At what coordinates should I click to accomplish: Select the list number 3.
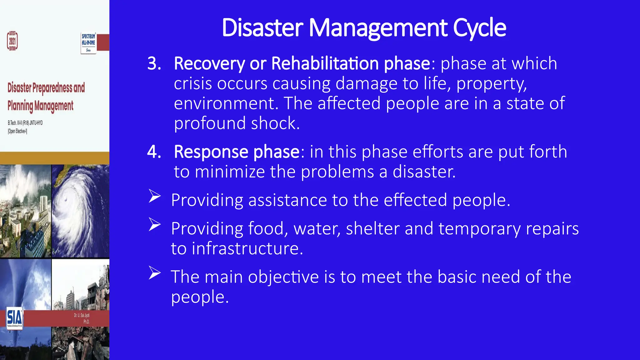coord(154,63)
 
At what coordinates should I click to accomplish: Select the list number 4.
coord(154,152)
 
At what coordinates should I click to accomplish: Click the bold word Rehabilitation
coord(325,63)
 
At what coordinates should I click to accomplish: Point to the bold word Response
coord(211,152)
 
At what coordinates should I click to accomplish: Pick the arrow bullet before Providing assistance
coord(154,196)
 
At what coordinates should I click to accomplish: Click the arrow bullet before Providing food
coord(154,224)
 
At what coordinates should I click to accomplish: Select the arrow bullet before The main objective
coord(154,273)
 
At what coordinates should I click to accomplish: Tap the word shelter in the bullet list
coord(372,228)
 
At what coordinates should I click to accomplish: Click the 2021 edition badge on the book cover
coord(12,41)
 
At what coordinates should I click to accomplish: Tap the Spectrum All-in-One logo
coord(88,42)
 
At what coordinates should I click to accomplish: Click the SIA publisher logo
coord(14,317)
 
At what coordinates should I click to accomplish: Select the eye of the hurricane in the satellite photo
coord(66,199)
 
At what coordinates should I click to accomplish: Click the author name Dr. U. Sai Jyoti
coord(82,316)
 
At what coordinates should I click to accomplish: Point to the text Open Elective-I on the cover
coord(17,131)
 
